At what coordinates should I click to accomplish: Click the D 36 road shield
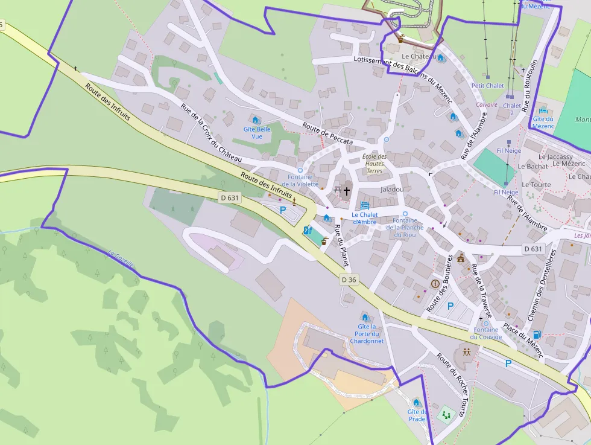(x=349, y=280)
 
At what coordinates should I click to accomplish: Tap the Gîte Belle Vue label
(x=257, y=133)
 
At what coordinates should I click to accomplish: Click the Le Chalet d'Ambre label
(x=364, y=218)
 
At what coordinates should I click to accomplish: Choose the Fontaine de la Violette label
(x=300, y=181)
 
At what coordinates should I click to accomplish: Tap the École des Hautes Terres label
(x=374, y=164)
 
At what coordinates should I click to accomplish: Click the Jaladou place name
(x=392, y=189)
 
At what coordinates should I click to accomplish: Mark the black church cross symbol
(x=347, y=191)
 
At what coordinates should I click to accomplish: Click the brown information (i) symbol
(x=435, y=283)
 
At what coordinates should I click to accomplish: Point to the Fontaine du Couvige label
(x=486, y=333)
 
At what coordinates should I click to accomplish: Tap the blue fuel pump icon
(x=537, y=335)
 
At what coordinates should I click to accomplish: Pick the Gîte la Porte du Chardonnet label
(x=367, y=334)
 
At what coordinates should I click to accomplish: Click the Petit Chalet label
(x=488, y=86)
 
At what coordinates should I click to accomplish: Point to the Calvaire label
(x=487, y=104)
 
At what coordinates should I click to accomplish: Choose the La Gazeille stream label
(x=121, y=259)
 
